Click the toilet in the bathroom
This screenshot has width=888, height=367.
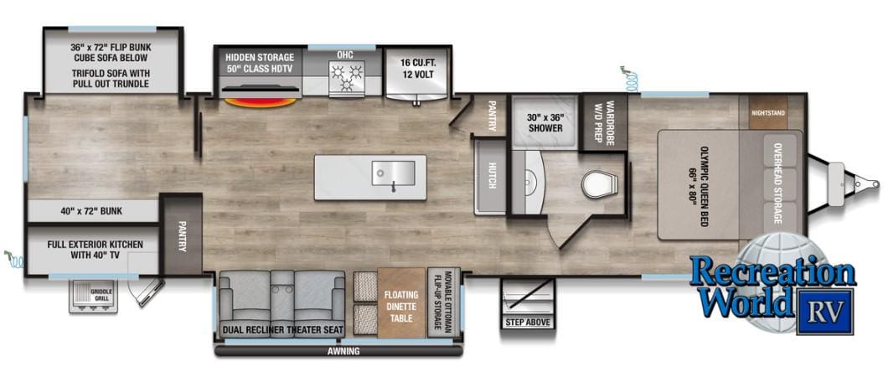[600, 184]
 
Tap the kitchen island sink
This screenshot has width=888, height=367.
[393, 173]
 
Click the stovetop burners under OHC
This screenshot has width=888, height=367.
[346, 77]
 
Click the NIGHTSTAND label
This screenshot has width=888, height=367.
[768, 113]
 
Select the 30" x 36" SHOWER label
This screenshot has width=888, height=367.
[545, 123]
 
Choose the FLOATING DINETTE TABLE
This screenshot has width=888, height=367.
[401, 303]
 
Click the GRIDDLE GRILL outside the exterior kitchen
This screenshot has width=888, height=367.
[93, 297]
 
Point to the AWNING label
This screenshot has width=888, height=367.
[343, 351]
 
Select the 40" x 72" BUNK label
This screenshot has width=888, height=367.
[91, 212]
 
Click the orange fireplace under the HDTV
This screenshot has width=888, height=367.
[260, 102]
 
